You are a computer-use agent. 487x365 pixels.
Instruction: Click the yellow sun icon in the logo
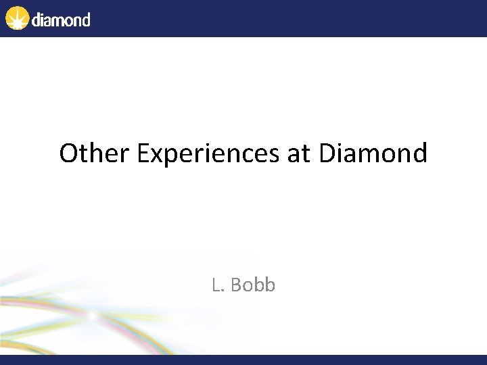[17, 18]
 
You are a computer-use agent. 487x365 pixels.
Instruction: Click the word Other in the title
[95, 153]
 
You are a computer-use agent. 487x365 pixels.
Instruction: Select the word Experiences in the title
[208, 154]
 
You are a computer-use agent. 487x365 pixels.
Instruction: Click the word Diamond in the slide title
[373, 153]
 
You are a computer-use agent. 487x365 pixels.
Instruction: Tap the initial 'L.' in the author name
[217, 285]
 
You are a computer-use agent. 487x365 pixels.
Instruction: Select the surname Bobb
[253, 285]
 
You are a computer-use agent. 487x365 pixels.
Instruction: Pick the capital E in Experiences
[143, 153]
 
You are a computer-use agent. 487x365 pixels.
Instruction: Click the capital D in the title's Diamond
[327, 153]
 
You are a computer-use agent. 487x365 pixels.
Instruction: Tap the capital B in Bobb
[237, 285]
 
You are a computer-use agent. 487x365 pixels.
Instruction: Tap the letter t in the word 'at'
[305, 154]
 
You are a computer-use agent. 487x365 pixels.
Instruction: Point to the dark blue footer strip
[243, 360]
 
